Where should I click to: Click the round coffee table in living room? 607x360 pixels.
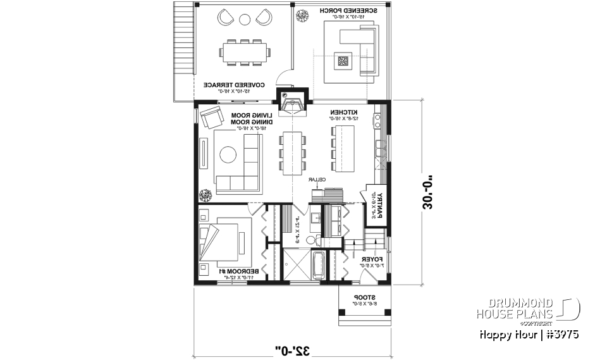click(x=227, y=154)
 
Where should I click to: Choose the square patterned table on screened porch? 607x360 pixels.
click(x=343, y=61)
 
